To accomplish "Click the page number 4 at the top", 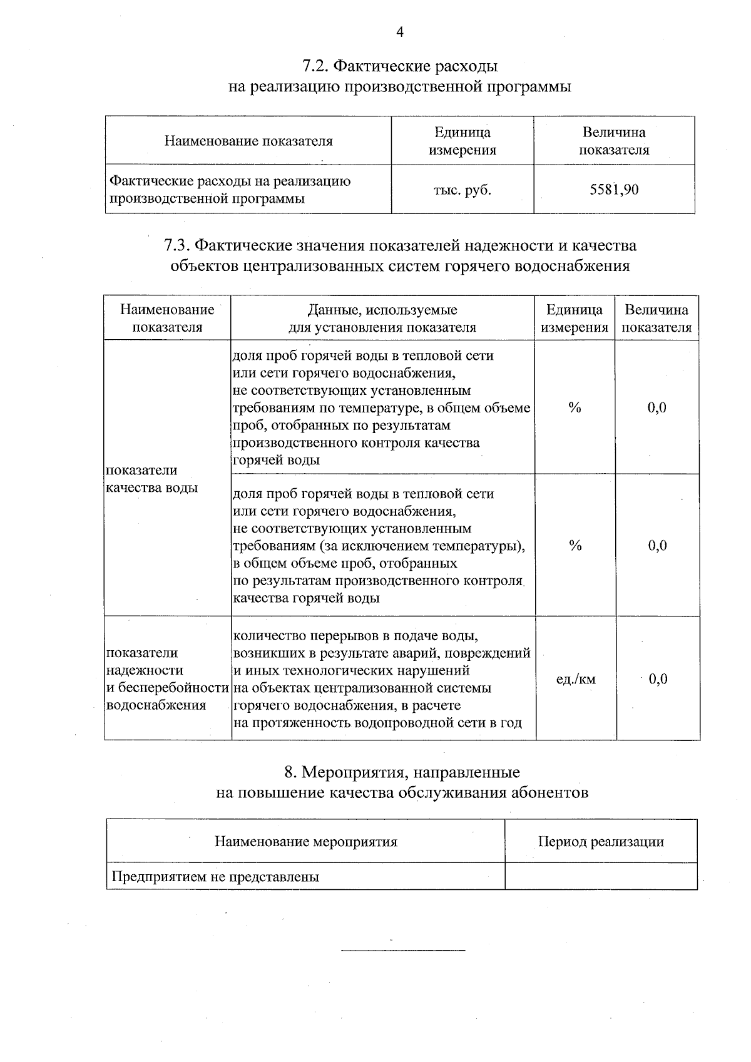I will pyautogui.click(x=400, y=32).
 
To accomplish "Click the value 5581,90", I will pyautogui.click(x=614, y=190).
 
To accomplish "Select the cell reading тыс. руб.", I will pyautogui.click(x=462, y=190).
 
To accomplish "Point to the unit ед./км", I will pyautogui.click(x=575, y=679).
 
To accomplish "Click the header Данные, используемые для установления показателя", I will pyautogui.click(x=382, y=319).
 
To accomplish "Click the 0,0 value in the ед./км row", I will pyautogui.click(x=658, y=679).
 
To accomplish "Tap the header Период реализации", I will pyautogui.click(x=601, y=842).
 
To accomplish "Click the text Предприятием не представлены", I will pyautogui.click(x=215, y=877).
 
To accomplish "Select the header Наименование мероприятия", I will pyautogui.click(x=305, y=842).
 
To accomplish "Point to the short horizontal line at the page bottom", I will pyautogui.click(x=403, y=951).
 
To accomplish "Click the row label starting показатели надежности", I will pyautogui.click(x=166, y=679).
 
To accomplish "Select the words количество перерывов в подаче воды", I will pyautogui.click(x=355, y=636).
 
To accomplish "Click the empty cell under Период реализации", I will pyautogui.click(x=601, y=877).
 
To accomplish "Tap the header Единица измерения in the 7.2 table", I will pyautogui.click(x=462, y=141).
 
